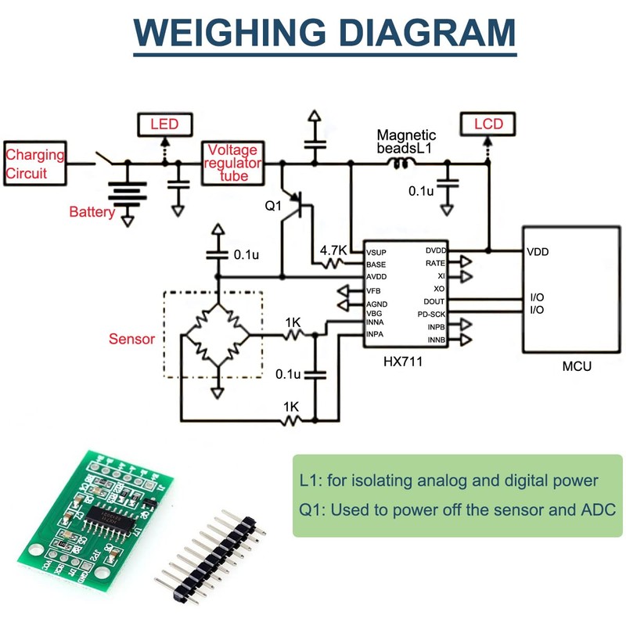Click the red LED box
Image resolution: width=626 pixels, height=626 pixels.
[164, 124]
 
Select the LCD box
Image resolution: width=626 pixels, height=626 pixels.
[487, 124]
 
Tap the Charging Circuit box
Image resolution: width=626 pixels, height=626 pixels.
[34, 163]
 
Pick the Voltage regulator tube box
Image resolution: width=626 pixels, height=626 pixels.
[233, 163]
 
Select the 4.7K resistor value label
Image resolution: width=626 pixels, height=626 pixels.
[333, 250]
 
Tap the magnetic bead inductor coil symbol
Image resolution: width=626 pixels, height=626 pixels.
[404, 163]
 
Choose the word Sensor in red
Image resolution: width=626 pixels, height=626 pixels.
[131, 340]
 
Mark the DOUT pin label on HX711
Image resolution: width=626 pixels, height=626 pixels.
[434, 301]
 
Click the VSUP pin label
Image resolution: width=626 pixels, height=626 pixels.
[376, 252]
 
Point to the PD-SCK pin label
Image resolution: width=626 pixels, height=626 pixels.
[430, 313]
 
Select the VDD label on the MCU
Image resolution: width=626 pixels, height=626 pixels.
[538, 252]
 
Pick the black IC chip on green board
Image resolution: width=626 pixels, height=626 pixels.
[110, 517]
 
